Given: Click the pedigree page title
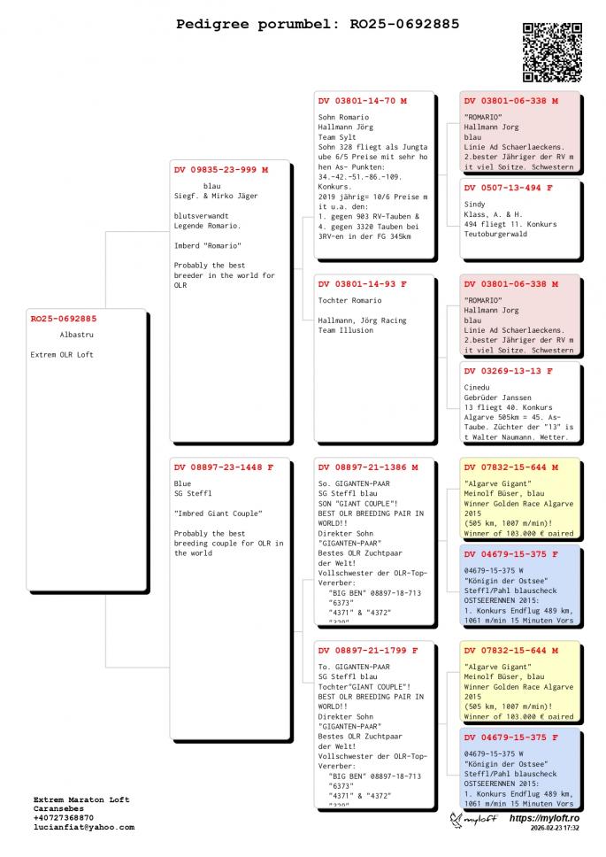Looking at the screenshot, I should [x=318, y=24].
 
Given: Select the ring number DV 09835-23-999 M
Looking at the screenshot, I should [x=220, y=169].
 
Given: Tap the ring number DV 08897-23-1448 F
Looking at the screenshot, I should [x=224, y=467].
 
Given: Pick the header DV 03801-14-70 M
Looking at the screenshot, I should [x=363, y=101].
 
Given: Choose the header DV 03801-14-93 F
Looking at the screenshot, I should [x=363, y=284].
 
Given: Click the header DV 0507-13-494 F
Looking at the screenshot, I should [x=508, y=188].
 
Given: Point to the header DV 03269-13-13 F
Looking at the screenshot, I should [x=508, y=371].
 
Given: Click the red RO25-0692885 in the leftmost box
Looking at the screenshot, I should [x=64, y=318].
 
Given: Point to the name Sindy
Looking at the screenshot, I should [x=474, y=205].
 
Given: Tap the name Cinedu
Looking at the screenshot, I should [x=476, y=388].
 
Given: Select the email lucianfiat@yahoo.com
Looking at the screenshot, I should [x=84, y=827].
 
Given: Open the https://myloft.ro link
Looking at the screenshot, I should [x=543, y=819].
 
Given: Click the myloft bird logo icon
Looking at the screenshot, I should [x=456, y=821].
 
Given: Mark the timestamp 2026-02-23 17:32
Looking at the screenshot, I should [x=555, y=830].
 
